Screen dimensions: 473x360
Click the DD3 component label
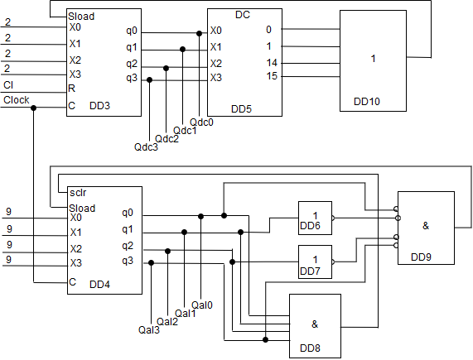(x=100, y=106)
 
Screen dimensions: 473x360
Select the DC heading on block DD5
(x=243, y=15)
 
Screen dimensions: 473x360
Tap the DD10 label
(x=367, y=102)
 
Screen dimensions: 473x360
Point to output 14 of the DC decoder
(x=272, y=63)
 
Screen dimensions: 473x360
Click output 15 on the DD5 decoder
(x=272, y=76)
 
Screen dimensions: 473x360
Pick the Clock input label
(x=17, y=99)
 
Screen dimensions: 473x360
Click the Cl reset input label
(x=8, y=85)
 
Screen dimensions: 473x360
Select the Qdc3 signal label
(x=146, y=147)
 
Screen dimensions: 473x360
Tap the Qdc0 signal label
(x=201, y=122)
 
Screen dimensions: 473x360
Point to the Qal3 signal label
(x=149, y=330)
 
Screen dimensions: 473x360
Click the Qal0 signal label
(x=202, y=305)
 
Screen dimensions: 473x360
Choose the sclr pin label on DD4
(x=78, y=193)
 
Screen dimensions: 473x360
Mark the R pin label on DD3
(x=71, y=89)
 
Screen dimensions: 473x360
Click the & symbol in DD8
(x=315, y=324)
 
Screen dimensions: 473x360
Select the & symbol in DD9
(x=426, y=225)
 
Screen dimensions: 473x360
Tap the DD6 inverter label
(x=310, y=226)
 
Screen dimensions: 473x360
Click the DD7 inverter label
(x=310, y=271)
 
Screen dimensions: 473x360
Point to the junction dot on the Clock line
(x=33, y=108)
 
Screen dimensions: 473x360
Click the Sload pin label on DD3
(x=81, y=17)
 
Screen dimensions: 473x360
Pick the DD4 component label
(x=100, y=284)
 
